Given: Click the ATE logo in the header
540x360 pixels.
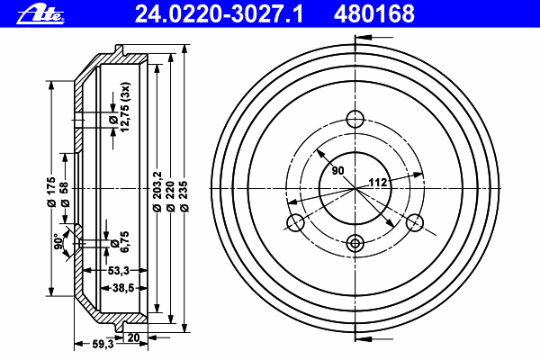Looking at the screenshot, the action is coord(40,14).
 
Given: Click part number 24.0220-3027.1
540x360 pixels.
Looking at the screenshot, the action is coord(219,14).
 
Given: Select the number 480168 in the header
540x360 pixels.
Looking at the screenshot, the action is coord(374,14).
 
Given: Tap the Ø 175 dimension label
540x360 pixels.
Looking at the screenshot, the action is coord(51,192).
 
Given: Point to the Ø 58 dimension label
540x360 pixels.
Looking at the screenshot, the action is coord(65,194).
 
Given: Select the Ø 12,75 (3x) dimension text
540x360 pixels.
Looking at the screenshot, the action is coord(119,107).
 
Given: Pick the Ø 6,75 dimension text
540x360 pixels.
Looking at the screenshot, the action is coord(119,241).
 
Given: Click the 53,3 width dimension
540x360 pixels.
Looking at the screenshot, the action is coord(119,271).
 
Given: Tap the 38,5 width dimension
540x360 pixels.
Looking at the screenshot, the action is coord(123,288).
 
